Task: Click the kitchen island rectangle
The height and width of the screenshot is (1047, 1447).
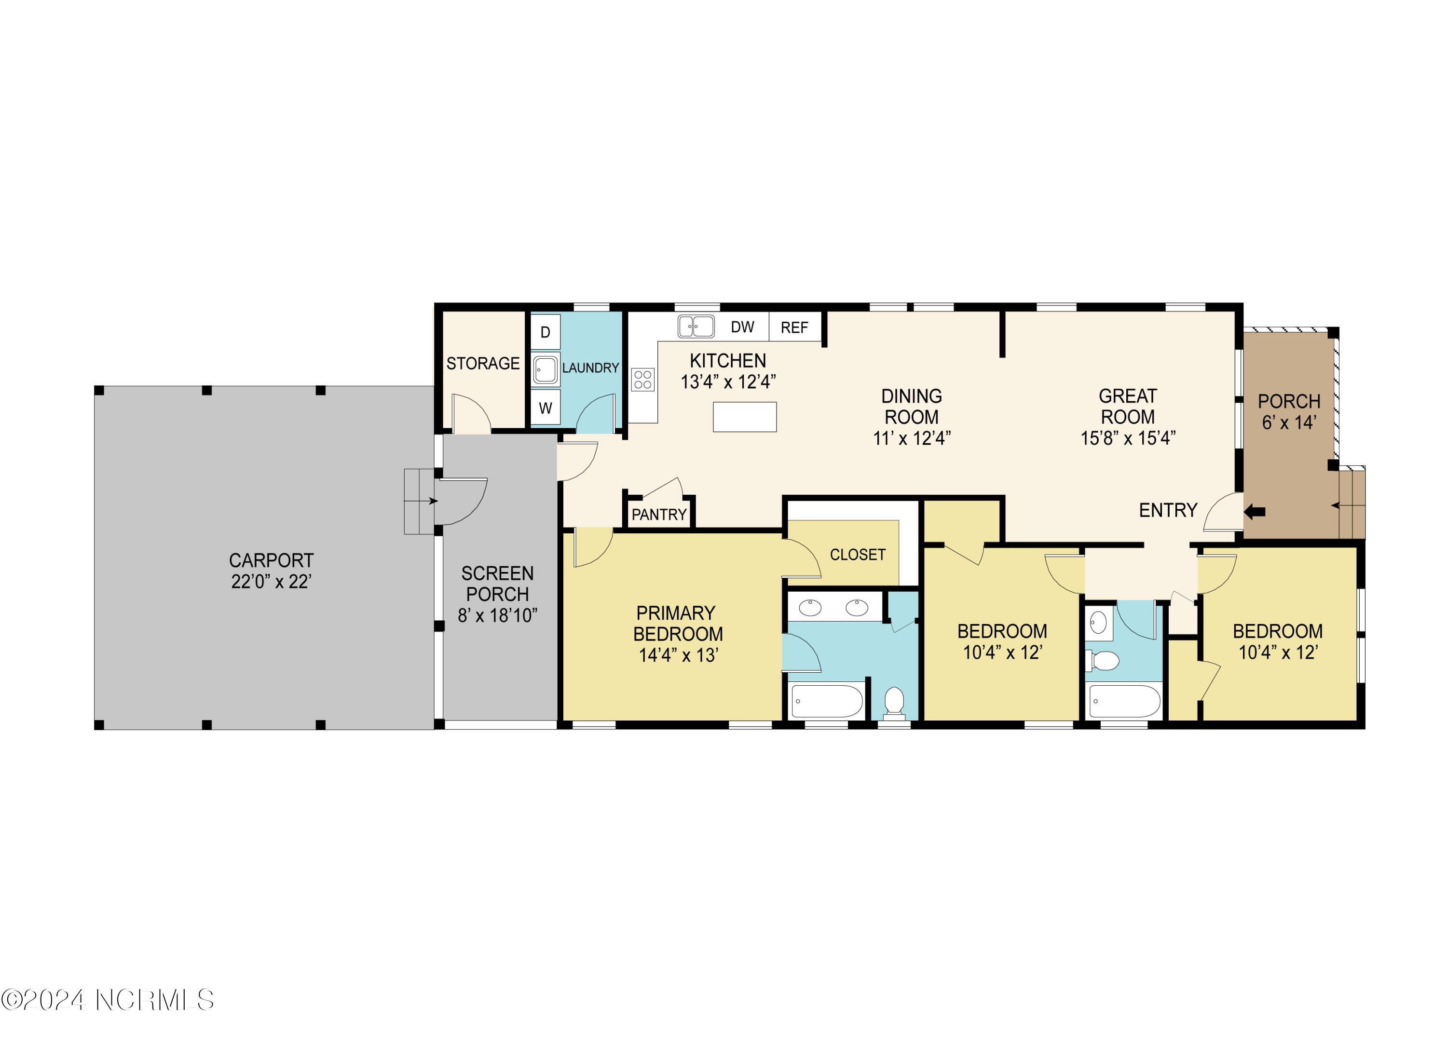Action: click(745, 417)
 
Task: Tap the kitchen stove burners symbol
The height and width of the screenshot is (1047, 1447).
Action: click(642, 380)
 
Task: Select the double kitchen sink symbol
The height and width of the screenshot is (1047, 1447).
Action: click(696, 326)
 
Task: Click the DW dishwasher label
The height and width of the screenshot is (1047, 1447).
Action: click(743, 327)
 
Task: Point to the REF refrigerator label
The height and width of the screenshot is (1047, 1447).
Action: click(794, 328)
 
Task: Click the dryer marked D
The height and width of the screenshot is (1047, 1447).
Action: click(546, 332)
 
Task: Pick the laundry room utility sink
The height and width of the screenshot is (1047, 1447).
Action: click(546, 369)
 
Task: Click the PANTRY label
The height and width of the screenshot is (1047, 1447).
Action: click(659, 514)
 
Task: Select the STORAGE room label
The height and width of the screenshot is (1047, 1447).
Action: click(483, 364)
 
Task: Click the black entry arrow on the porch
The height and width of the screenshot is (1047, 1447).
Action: click(1255, 511)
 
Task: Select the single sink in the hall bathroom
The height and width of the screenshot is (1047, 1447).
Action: click(1098, 623)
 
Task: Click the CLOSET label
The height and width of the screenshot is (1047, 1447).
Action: click(858, 555)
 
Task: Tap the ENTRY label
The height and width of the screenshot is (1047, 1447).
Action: click(1168, 510)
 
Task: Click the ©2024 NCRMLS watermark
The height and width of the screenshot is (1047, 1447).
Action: click(107, 999)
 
